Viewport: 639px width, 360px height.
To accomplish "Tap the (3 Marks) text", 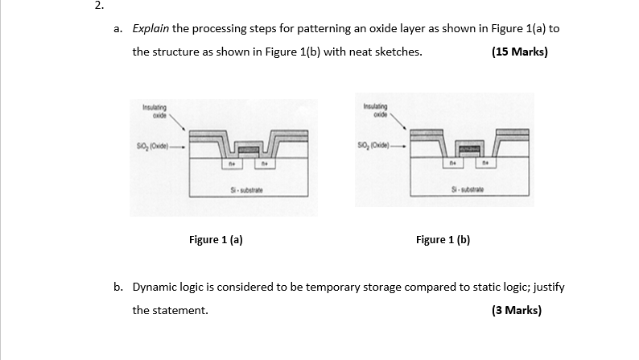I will (x=516, y=310).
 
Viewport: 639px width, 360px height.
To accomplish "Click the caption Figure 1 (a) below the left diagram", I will (x=216, y=239).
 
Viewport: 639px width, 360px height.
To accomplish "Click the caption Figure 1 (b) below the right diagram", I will (x=443, y=239).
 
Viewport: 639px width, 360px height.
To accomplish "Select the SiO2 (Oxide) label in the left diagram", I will (x=156, y=147).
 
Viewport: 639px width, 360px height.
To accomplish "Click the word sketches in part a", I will (x=395, y=52).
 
